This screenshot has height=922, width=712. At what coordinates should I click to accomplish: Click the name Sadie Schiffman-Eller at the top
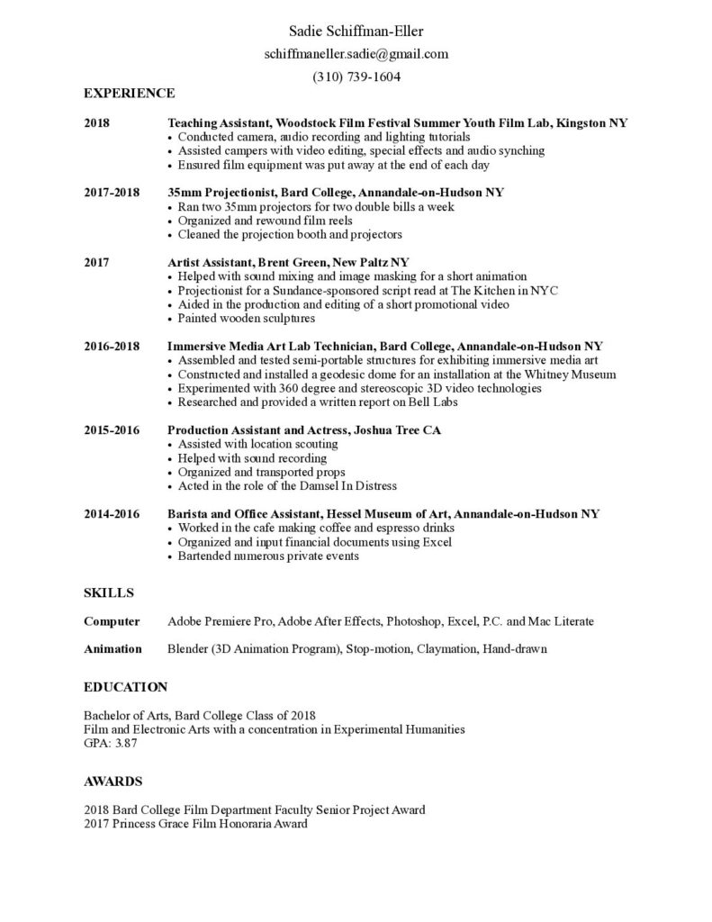[x=356, y=32]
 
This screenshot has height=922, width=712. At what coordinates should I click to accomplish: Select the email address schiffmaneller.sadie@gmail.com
[x=356, y=54]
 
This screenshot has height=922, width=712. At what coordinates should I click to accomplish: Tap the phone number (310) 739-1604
[x=356, y=77]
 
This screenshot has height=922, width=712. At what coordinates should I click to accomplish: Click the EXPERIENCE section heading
[x=129, y=93]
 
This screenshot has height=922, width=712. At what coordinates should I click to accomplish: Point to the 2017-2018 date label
[x=112, y=193]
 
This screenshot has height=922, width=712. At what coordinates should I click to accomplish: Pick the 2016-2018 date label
[x=112, y=347]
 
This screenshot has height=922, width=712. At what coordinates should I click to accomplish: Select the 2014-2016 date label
[x=112, y=514]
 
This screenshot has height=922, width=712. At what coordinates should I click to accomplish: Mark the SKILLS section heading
[x=108, y=592]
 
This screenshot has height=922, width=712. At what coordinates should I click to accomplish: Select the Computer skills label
[x=112, y=621]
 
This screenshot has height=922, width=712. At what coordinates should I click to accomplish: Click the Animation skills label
[x=113, y=648]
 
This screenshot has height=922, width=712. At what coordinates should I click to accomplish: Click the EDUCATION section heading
[x=125, y=687]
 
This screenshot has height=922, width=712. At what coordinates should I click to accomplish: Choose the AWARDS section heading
[x=113, y=781]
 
